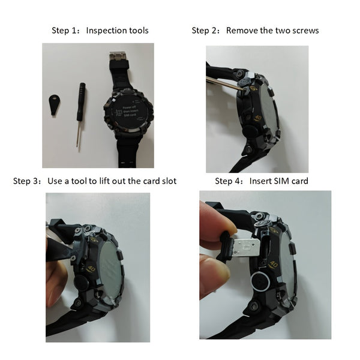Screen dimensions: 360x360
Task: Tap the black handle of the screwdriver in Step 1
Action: pos(80,101)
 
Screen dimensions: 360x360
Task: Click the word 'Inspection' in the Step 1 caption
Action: pos(106,30)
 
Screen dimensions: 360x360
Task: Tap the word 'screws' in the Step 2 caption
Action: pos(304,30)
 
